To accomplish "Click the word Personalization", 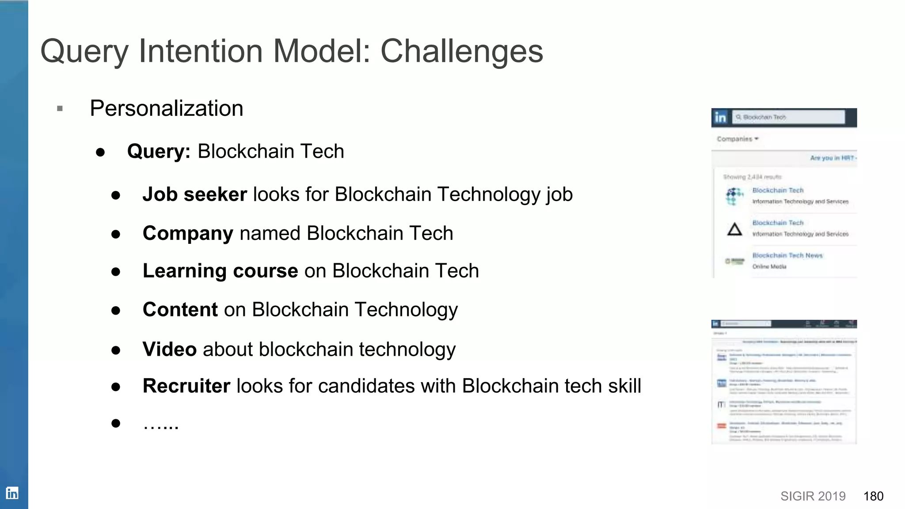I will click(167, 108).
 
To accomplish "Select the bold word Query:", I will click(159, 152).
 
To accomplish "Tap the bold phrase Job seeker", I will click(194, 194).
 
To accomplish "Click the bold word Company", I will click(188, 233).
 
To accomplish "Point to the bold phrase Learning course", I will click(220, 271).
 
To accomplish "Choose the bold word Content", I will click(180, 309).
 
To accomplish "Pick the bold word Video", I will click(169, 349).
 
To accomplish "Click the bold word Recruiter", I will click(186, 386).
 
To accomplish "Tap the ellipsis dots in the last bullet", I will click(161, 425).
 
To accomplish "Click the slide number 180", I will click(873, 496).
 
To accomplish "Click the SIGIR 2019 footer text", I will click(813, 496).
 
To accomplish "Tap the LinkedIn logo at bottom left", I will click(12, 493).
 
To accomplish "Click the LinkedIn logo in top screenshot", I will click(720, 118).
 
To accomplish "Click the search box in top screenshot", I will click(789, 117).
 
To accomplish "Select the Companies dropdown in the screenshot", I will click(737, 139).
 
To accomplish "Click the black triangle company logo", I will click(734, 229).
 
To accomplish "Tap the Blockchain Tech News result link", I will click(787, 255).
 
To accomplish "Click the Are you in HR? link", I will click(833, 158).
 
